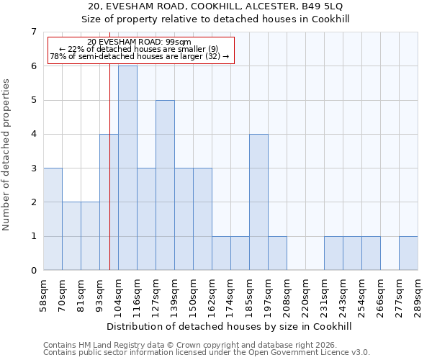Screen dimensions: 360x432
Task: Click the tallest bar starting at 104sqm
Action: tap(127, 168)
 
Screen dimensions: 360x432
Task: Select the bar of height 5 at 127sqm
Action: tap(165, 185)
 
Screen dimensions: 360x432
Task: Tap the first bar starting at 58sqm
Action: tap(53, 219)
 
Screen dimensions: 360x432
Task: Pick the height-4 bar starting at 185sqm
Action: tap(258, 202)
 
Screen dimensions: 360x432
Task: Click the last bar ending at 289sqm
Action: tap(408, 253)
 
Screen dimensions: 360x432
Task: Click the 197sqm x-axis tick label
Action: tap(267, 295)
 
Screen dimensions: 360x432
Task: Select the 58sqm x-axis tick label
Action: tap(42, 295)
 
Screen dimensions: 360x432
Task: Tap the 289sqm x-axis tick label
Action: tap(417, 295)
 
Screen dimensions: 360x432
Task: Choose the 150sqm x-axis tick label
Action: tap(192, 295)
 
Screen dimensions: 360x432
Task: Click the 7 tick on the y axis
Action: tap(33, 32)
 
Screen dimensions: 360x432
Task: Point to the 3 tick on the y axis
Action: tap(33, 168)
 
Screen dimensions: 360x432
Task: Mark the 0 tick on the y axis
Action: tap(33, 271)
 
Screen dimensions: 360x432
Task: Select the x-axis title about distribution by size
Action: tap(230, 326)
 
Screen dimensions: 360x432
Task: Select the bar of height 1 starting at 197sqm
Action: tap(277, 253)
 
